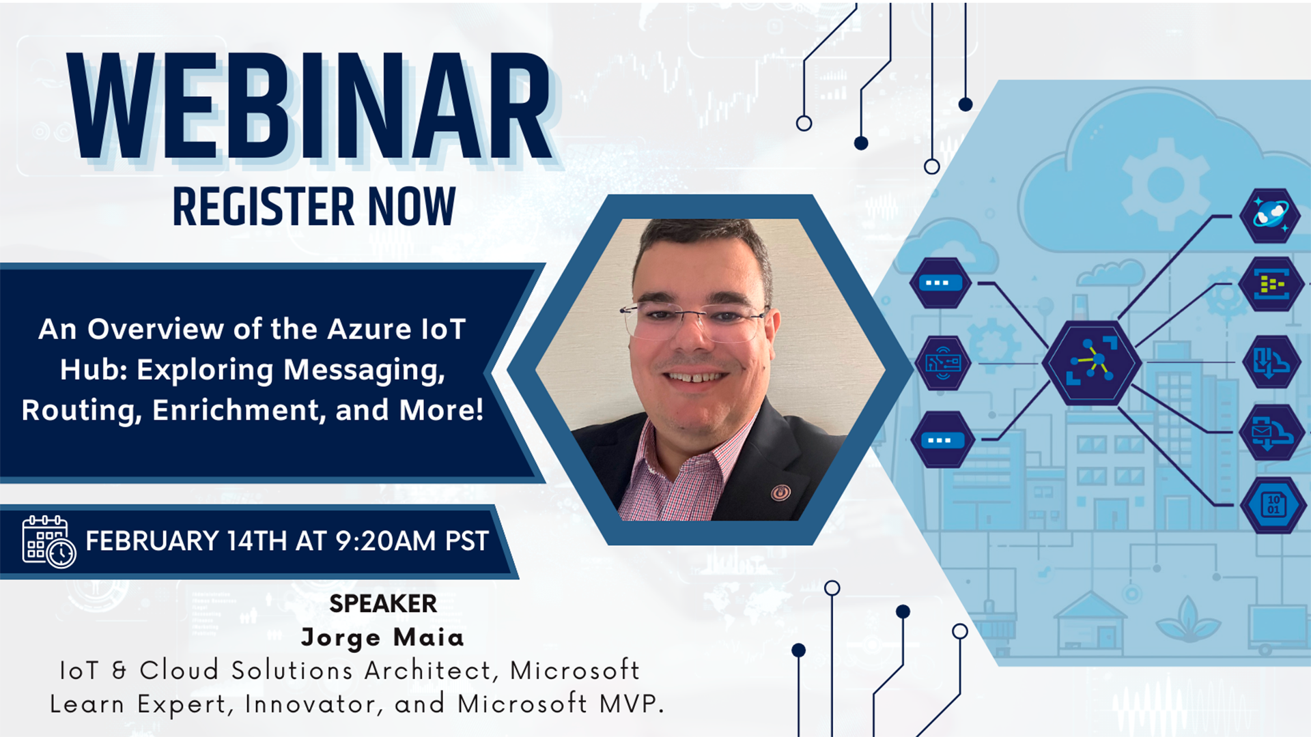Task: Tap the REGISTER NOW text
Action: click(314, 206)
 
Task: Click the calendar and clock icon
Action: click(48, 542)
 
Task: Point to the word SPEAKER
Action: click(383, 604)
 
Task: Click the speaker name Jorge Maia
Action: click(382, 637)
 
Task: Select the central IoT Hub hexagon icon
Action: click(1091, 362)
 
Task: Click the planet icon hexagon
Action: click(1269, 216)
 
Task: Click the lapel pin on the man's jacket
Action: click(780, 491)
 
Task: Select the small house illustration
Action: click(1090, 623)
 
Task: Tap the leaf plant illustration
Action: click(1189, 619)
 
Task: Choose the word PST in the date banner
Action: click(467, 541)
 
